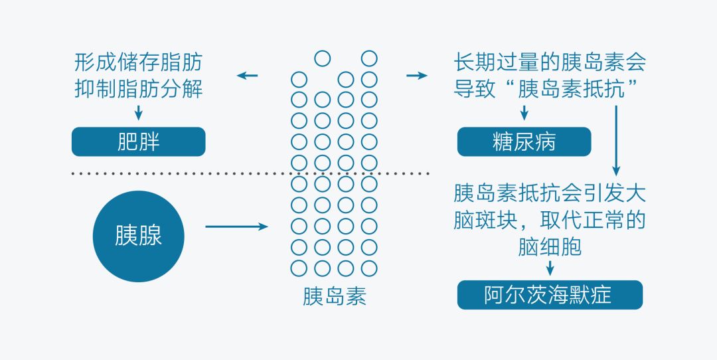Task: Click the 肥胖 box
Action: [138, 141]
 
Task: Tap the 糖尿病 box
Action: [524, 141]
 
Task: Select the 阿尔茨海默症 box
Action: [550, 295]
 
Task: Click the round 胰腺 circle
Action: [138, 236]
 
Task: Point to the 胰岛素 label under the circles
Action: [334, 296]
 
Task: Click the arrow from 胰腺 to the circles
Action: [236, 227]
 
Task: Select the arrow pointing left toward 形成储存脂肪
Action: [248, 75]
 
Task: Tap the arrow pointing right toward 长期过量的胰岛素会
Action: [417, 75]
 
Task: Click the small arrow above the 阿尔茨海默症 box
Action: [550, 267]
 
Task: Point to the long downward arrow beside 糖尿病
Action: [616, 139]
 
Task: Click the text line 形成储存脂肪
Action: [138, 63]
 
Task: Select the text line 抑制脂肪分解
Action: [138, 89]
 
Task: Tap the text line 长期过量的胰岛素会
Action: [550, 63]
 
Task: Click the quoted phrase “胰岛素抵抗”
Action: [570, 89]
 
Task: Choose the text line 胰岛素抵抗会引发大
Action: [550, 193]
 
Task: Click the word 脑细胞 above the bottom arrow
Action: [550, 246]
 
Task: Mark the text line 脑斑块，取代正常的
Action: [550, 220]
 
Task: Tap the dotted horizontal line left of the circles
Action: [179, 173]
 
